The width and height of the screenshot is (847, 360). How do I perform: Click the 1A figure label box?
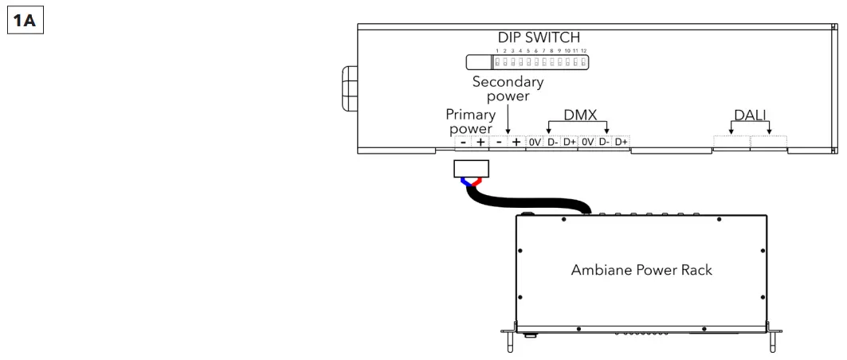point(25,19)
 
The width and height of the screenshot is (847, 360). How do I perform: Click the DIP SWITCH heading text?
point(539,37)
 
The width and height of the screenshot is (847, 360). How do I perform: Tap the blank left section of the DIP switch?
point(478,62)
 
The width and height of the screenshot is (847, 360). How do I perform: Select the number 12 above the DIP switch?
point(583,50)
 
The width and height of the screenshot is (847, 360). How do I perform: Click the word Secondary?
point(508,81)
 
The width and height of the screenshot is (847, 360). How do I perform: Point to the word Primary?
point(470,115)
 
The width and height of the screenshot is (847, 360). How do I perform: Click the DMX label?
point(580,115)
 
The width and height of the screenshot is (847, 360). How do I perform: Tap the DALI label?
point(750,115)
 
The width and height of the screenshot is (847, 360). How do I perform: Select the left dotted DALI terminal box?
point(731,142)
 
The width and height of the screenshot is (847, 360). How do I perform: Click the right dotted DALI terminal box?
point(768,142)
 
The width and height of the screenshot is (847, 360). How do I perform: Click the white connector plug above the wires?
point(470,168)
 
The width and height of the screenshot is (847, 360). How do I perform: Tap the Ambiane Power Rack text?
point(641,269)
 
